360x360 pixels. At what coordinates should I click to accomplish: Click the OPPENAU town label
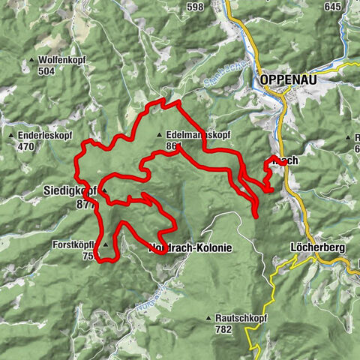pyautogui.click(x=288, y=79)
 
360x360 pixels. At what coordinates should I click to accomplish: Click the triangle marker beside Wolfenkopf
pyautogui.click(x=31, y=60)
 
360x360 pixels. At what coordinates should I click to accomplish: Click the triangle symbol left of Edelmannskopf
pyautogui.click(x=159, y=135)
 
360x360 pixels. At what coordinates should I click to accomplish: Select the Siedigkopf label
pyautogui.click(x=67, y=191)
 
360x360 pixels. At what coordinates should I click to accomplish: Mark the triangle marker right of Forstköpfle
pyautogui.click(x=106, y=244)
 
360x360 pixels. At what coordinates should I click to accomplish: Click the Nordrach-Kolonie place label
pyautogui.click(x=190, y=247)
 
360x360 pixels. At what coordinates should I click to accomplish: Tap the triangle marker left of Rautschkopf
pyautogui.click(x=208, y=318)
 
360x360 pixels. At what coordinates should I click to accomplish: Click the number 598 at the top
pyautogui.click(x=196, y=7)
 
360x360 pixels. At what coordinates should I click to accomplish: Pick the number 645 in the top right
pyautogui.click(x=333, y=7)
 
